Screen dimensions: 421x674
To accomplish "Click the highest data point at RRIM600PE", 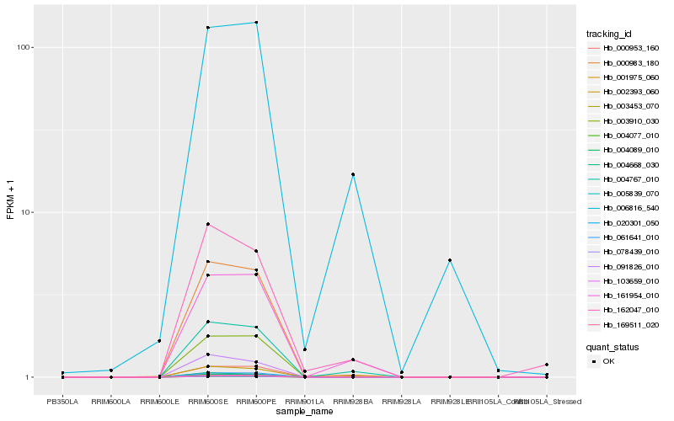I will [x=256, y=23].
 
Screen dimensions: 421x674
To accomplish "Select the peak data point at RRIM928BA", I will [x=353, y=174].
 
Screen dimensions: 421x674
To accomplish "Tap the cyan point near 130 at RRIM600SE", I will [x=208, y=28].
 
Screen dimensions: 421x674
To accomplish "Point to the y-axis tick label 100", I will [x=24, y=47].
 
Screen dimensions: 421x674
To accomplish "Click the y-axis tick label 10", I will [x=26, y=212].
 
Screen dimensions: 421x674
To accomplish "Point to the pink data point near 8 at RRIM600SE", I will [x=208, y=224].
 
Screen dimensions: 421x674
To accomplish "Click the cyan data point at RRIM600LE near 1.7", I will [x=159, y=341].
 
